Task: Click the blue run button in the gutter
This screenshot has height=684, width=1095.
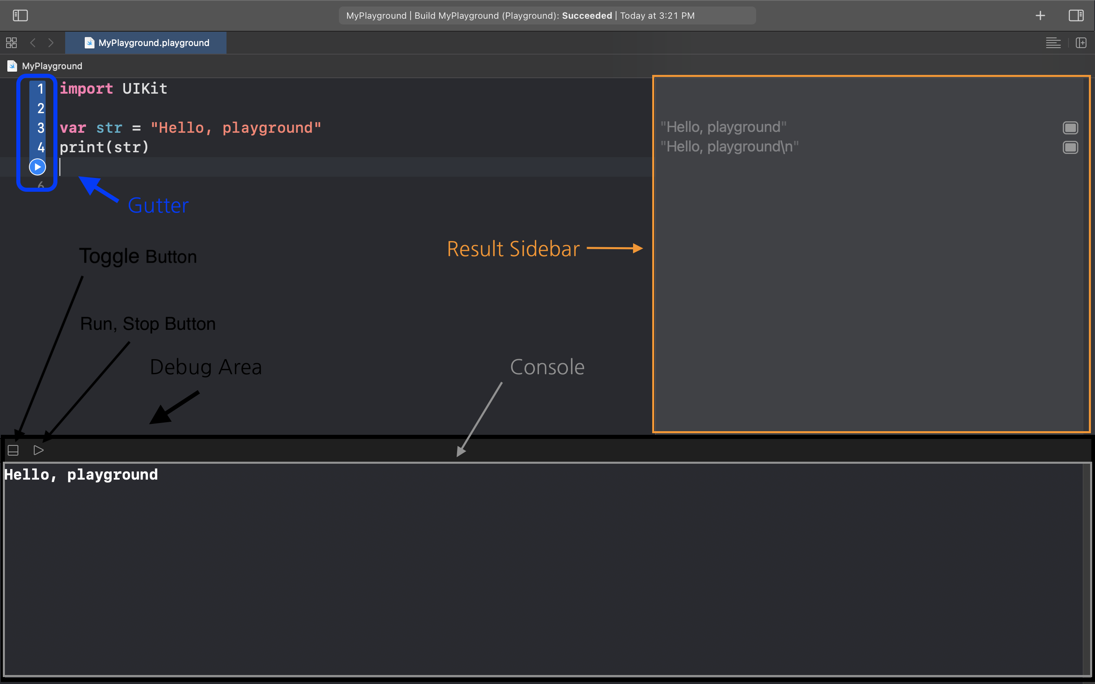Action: (x=37, y=167)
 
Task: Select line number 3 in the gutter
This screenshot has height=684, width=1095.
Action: (x=41, y=128)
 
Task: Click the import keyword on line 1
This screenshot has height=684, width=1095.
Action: (x=86, y=89)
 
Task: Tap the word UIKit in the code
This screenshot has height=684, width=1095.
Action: (x=145, y=89)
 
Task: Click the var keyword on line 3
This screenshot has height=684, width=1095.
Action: (x=73, y=128)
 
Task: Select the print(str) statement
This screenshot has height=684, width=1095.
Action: (x=104, y=147)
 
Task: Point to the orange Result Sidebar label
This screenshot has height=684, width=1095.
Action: (x=513, y=249)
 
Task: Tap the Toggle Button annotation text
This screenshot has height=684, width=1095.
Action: (x=138, y=256)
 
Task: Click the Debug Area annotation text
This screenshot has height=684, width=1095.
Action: (x=206, y=367)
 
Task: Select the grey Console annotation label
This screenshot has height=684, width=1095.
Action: (x=547, y=367)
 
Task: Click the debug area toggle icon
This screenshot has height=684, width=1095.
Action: (x=13, y=450)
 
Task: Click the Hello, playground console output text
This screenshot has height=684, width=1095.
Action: (x=81, y=475)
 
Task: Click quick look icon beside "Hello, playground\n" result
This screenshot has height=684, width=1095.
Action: (x=1070, y=147)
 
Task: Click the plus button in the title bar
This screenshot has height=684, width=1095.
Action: (x=1040, y=16)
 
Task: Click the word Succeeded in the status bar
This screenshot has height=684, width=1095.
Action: (x=587, y=16)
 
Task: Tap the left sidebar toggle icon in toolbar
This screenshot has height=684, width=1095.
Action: (x=20, y=16)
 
